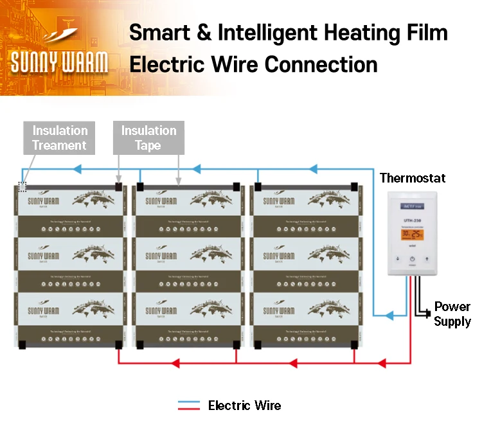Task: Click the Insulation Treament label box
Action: pos(60,138)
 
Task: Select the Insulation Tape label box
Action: pos(148,138)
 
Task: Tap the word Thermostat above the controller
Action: pos(413,178)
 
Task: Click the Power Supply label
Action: pos(452,314)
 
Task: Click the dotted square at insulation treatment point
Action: pos(22,186)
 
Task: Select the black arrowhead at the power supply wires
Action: pos(426,314)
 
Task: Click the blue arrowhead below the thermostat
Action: pos(389,316)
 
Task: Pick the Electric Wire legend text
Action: pos(244,406)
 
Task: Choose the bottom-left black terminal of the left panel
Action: pos(22,344)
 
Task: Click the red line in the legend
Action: pos(189,409)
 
